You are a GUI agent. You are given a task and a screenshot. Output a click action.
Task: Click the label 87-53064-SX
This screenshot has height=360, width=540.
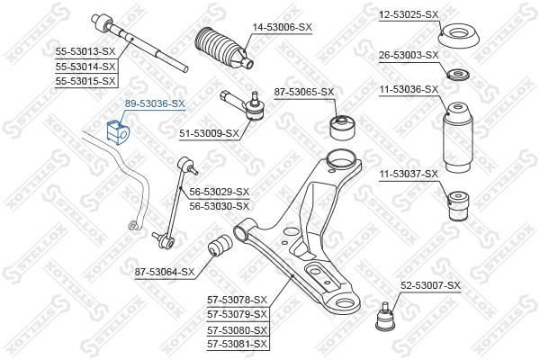(165, 271)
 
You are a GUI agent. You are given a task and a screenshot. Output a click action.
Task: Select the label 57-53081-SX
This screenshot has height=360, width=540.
(237, 344)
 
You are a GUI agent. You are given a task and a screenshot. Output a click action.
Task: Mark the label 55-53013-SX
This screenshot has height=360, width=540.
(85, 52)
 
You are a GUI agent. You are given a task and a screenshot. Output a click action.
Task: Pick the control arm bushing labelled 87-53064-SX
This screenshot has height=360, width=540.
(220, 246)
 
